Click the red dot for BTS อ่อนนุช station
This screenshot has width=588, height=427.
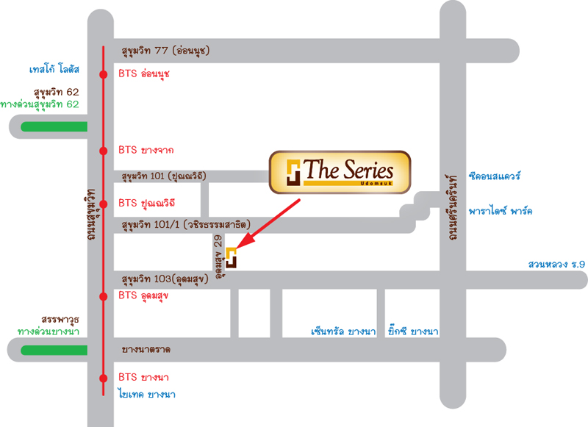[x=104, y=75]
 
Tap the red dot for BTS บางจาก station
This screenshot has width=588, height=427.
[x=104, y=151]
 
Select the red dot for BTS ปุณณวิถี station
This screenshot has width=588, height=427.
[x=104, y=204]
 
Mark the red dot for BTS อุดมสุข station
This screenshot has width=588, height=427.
[x=104, y=296]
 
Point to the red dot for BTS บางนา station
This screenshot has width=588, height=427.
[x=104, y=378]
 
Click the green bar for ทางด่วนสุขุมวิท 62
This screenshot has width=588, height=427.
[x=54, y=126]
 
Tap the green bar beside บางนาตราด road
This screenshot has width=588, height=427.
[x=54, y=350]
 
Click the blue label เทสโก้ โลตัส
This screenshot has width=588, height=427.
[x=54, y=69]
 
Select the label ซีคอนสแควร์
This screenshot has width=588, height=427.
[x=495, y=176]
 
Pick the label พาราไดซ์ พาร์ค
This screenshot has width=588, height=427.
[x=501, y=211]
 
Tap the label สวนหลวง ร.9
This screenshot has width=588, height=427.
[x=556, y=265]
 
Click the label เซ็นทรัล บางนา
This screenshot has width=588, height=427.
[x=343, y=331]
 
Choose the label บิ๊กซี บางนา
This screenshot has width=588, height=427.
[x=413, y=331]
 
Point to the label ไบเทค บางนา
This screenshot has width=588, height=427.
[x=147, y=394]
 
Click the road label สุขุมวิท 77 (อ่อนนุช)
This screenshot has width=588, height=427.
[x=166, y=51]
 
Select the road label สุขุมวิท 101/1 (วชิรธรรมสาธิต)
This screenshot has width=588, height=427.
[x=186, y=225]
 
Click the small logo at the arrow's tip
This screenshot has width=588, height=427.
[x=231, y=258]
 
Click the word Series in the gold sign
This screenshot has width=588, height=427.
[x=369, y=171]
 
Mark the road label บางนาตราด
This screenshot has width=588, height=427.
[x=146, y=350]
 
